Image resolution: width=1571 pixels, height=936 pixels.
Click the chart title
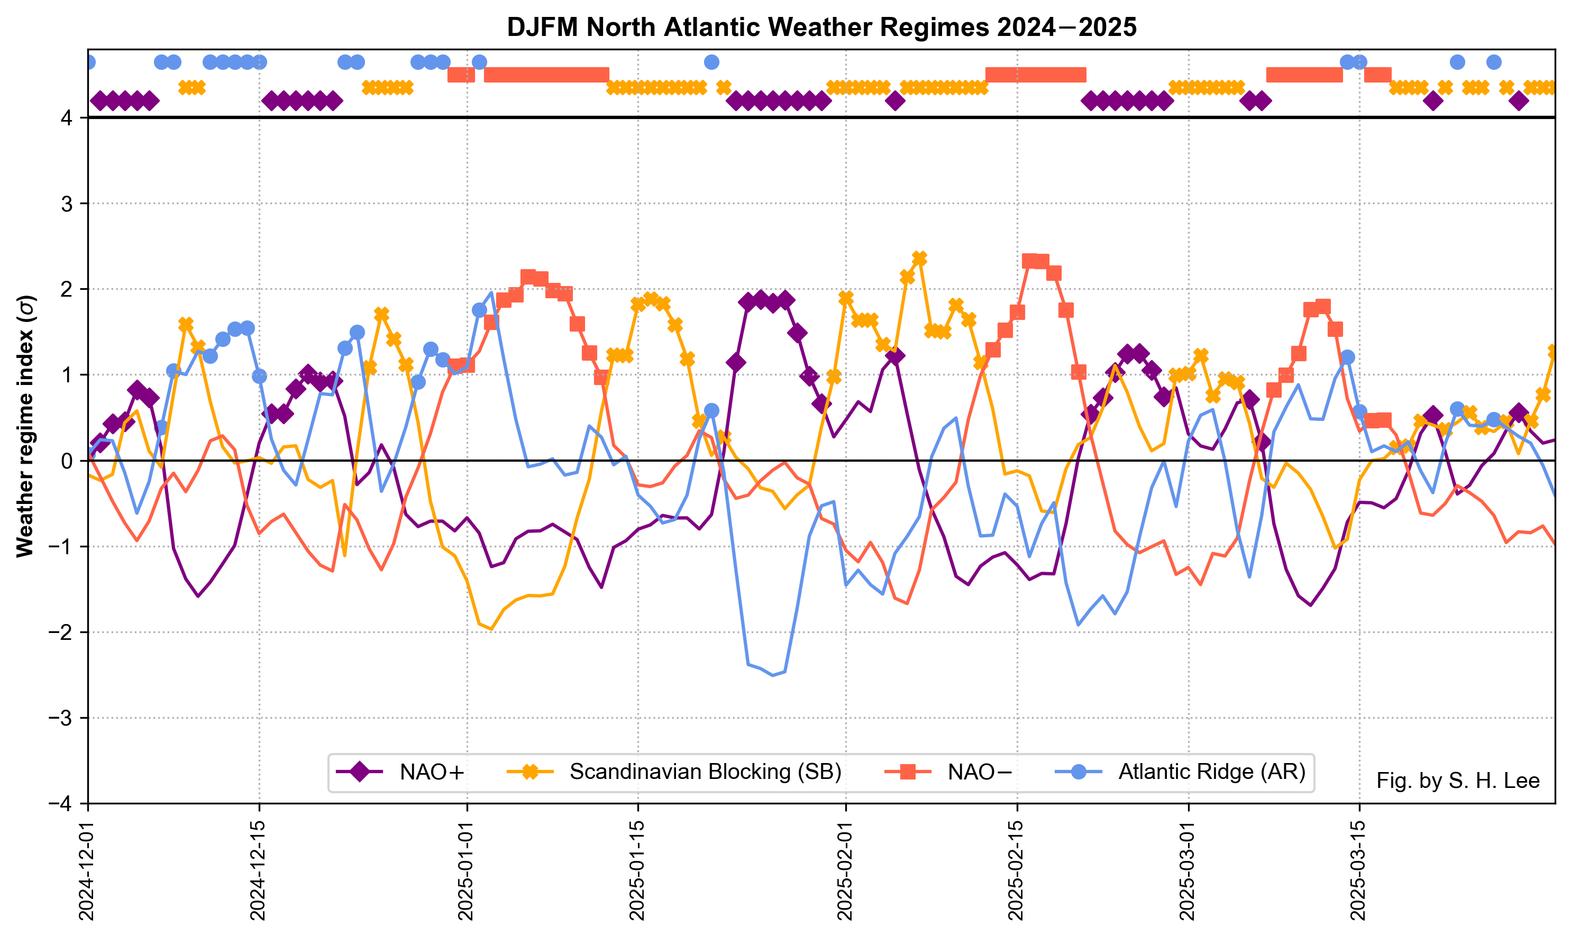[x=821, y=27]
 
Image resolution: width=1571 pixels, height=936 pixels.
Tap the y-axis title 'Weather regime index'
[x=25, y=426]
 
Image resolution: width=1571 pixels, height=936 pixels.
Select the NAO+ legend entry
[x=401, y=772]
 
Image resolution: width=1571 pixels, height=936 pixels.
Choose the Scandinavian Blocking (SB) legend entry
[x=674, y=772]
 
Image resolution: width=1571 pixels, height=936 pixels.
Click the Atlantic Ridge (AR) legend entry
[x=1180, y=772]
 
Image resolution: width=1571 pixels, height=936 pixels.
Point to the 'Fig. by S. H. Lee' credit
[x=1457, y=781]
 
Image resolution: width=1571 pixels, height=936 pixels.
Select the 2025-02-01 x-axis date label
[x=845, y=870]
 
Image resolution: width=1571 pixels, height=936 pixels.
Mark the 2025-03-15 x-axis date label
[x=1359, y=870]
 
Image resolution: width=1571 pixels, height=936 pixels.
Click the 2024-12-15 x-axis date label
[x=259, y=870]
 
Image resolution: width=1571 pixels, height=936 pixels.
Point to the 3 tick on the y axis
[x=66, y=204]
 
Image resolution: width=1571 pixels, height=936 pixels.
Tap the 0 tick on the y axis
[x=66, y=461]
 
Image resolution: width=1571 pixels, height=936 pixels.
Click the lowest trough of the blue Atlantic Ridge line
[x=772, y=675]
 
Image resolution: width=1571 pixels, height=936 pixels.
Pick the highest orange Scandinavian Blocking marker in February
[x=919, y=259]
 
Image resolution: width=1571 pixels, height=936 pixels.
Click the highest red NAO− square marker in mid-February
[x=1030, y=261]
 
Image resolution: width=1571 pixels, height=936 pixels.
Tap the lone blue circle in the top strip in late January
[x=711, y=62]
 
